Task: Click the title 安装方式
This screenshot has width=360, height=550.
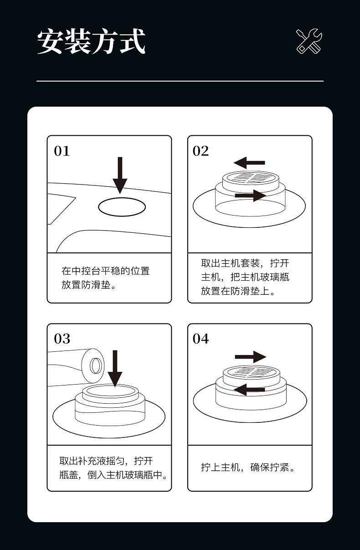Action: click(x=91, y=41)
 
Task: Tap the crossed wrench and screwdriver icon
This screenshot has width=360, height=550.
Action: click(x=309, y=41)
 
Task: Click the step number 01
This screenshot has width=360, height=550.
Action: click(x=62, y=151)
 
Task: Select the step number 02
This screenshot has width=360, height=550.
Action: click(x=201, y=151)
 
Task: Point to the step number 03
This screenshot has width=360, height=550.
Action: click(x=62, y=339)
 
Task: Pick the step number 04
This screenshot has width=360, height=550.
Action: click(x=201, y=339)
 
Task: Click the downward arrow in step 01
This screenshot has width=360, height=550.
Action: click(x=120, y=175)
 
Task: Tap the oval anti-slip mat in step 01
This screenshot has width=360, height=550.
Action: click(x=122, y=207)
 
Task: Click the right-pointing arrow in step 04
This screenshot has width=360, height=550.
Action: click(x=250, y=357)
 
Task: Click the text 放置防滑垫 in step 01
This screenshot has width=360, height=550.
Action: click(x=88, y=286)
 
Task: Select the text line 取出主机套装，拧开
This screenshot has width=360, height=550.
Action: click(x=245, y=263)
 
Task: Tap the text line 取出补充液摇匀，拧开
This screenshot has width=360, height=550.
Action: click(x=106, y=461)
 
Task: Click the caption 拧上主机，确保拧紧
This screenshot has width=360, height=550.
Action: click(x=248, y=468)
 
